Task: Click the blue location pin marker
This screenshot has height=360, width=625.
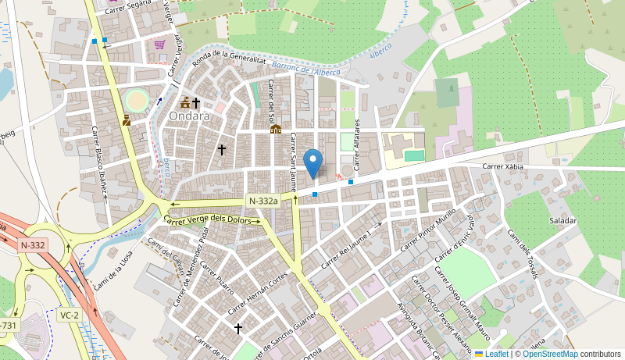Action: pos(312,163)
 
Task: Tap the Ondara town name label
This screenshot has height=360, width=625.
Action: pos(190,116)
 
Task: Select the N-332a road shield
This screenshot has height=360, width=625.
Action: pos(263,201)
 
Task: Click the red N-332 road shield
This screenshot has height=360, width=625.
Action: pos(33,245)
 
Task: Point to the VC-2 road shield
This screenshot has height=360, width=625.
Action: pos(69,315)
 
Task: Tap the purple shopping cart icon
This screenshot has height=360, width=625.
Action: pos(160,45)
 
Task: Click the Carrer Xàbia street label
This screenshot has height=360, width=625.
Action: pos(503,166)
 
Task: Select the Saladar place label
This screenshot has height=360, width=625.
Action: pos(562,221)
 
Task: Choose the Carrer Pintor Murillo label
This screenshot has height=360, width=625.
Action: pos(427,233)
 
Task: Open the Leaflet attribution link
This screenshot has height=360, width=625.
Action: pos(491,354)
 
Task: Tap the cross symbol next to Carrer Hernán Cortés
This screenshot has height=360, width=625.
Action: pos(237,329)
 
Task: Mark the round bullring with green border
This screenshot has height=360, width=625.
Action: pos(137,101)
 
